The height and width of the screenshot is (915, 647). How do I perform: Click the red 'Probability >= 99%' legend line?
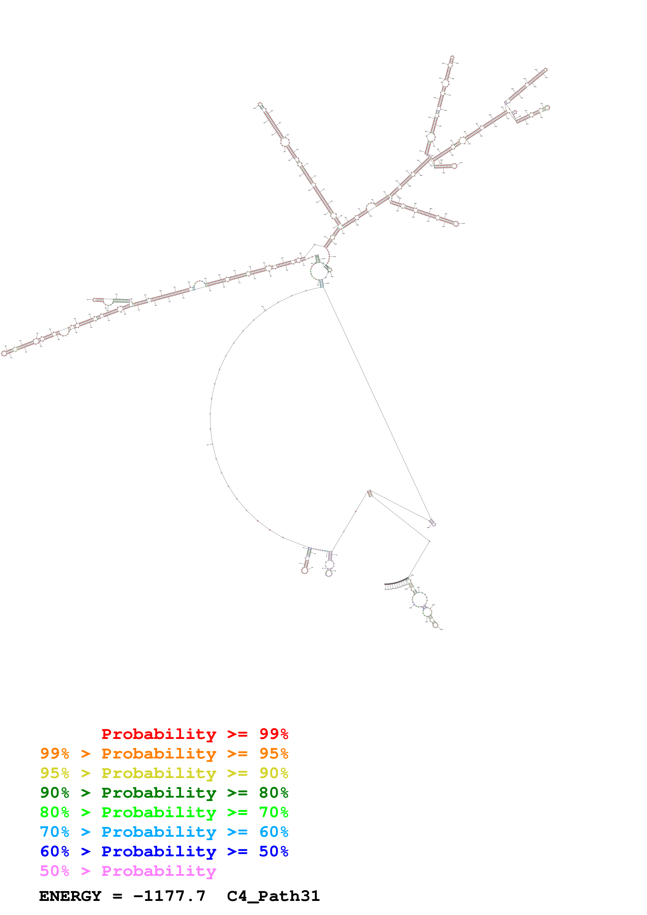click(194, 734)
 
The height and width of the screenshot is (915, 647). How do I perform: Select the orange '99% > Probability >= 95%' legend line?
click(164, 754)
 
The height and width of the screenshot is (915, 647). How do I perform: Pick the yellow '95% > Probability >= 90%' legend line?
click(164, 773)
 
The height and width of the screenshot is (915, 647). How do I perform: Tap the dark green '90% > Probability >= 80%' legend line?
click(164, 793)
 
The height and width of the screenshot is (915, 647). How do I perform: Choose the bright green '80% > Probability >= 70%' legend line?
click(164, 812)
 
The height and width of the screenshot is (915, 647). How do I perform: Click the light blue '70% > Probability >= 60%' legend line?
click(164, 832)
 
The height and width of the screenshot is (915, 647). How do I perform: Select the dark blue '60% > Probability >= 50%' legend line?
click(164, 851)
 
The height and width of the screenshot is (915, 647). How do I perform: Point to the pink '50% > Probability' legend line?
click(128, 871)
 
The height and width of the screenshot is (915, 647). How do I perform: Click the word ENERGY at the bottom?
click(70, 896)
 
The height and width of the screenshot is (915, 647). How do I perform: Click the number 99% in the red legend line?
click(274, 734)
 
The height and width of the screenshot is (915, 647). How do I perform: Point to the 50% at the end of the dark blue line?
click(274, 851)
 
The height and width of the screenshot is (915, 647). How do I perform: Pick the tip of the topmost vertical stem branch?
click(452, 58)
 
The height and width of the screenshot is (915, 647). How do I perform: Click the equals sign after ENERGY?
click(117, 896)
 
